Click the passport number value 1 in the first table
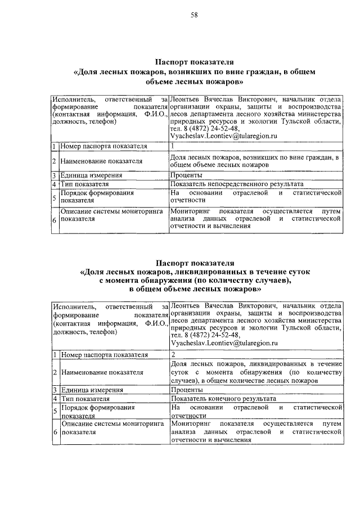(x=173, y=146)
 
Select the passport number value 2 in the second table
(x=173, y=355)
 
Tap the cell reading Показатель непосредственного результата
(x=237, y=184)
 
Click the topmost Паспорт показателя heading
(x=194, y=62)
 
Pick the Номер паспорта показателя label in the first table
(x=104, y=146)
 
